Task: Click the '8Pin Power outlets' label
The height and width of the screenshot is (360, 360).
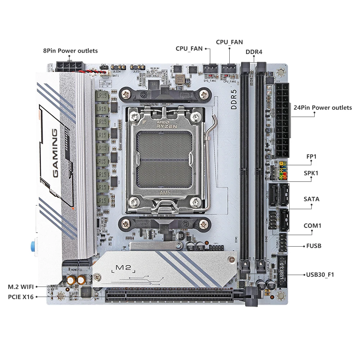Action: pos(70,51)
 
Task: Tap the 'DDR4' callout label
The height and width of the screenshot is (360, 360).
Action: pos(254,52)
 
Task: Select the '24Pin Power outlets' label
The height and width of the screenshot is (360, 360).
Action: pos(322,108)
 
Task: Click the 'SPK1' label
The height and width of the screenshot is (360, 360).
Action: pos(311,173)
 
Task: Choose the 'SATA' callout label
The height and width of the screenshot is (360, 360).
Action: pos(311,199)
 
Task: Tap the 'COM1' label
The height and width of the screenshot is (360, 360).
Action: pos(312,226)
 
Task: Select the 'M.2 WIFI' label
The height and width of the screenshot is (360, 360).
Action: pos(21,287)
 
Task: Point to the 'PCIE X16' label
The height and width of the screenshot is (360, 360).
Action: pos(21,297)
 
